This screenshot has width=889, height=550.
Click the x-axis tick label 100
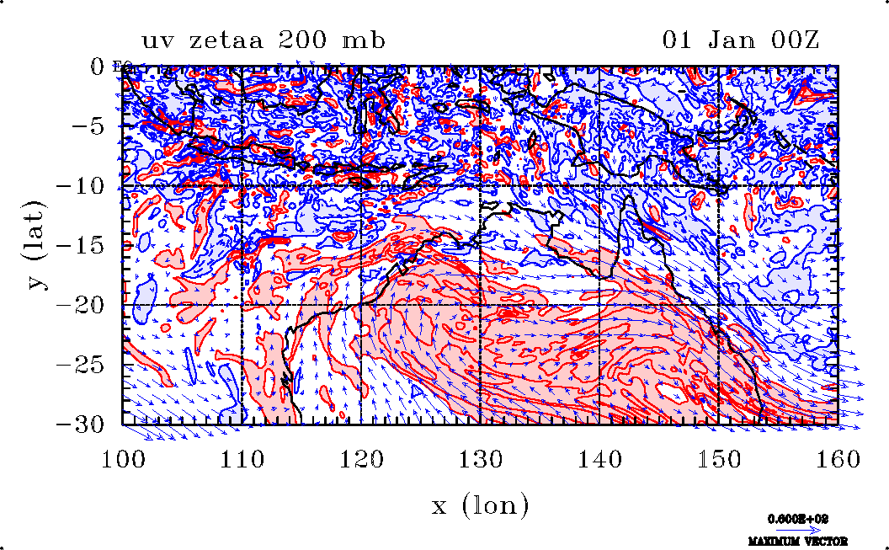pos(123,459)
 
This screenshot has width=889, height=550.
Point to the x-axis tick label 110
pos(242,459)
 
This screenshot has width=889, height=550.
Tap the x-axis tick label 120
pos(361,459)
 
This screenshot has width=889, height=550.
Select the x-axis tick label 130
pos(481,459)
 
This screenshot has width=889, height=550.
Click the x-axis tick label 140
pos(599,459)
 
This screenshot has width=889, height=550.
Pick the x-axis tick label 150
pos(719,459)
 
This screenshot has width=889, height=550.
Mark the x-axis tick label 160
pos(838,459)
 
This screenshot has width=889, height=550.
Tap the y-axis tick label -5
pos(87,125)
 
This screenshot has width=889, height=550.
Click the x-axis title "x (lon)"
pos(480,505)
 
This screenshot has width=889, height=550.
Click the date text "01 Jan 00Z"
pos(741,40)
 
